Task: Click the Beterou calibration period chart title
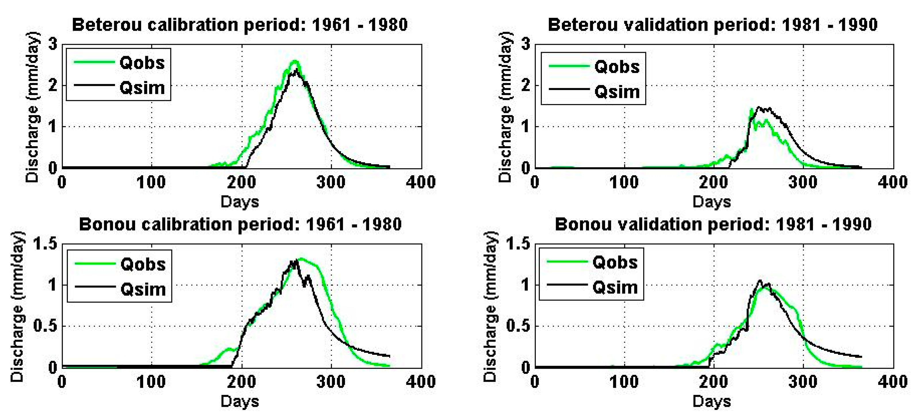tap(239, 25)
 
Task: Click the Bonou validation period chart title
tap(713, 224)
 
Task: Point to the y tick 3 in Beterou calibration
tap(53, 45)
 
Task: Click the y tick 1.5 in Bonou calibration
tap(45, 244)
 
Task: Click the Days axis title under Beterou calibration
tap(239, 202)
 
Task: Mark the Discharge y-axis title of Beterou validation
tap(505, 107)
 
